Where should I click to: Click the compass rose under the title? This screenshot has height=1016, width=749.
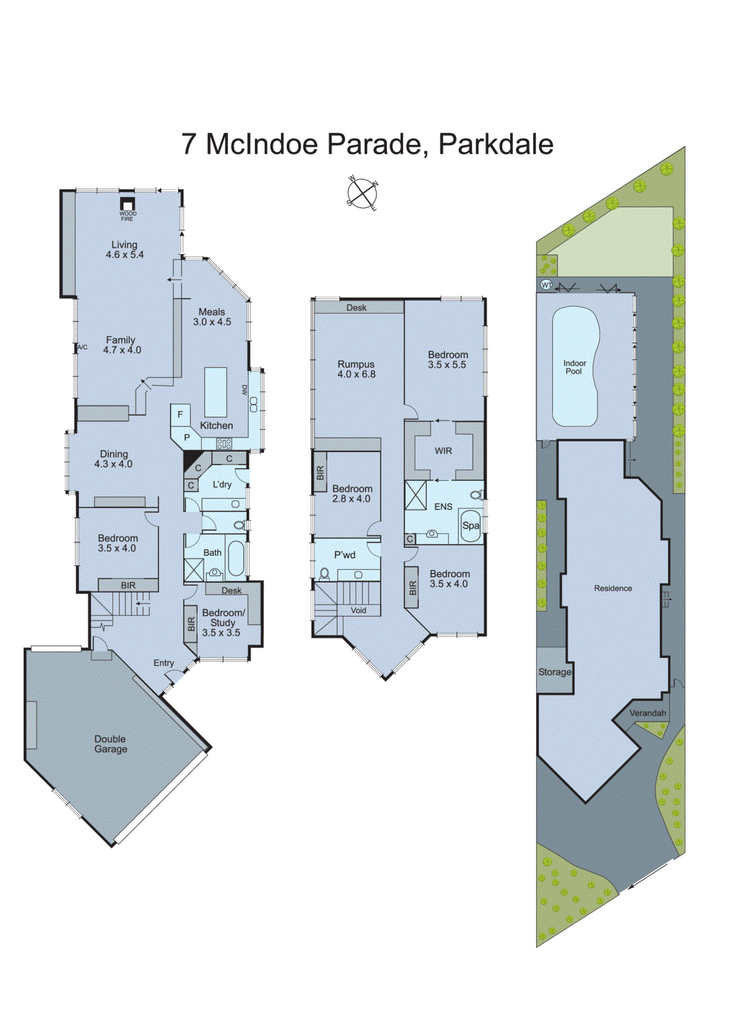pyautogui.click(x=362, y=192)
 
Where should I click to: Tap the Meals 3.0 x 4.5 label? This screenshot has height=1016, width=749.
pyautogui.click(x=212, y=317)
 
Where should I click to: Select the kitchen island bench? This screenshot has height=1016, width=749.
pyautogui.click(x=215, y=392)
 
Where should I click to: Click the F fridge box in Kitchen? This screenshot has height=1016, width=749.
pyautogui.click(x=180, y=415)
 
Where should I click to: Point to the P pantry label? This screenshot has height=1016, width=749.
pyautogui.click(x=187, y=438)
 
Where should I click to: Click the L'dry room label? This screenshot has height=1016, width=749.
pyautogui.click(x=222, y=485)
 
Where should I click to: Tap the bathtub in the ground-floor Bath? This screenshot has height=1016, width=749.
pyautogui.click(x=236, y=558)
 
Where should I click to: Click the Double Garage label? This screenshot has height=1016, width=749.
pyautogui.click(x=111, y=744)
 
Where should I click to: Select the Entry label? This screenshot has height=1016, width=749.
pyautogui.click(x=163, y=663)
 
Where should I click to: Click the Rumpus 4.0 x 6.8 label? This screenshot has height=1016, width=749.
pyautogui.click(x=356, y=370)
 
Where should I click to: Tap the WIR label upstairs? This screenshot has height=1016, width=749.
pyautogui.click(x=443, y=451)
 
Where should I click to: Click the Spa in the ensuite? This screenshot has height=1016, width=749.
pyautogui.click(x=470, y=525)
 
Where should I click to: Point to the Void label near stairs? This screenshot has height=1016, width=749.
pyautogui.click(x=358, y=610)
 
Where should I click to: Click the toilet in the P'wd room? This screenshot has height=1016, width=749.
pyautogui.click(x=325, y=573)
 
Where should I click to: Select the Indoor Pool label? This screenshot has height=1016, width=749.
pyautogui.click(x=574, y=367)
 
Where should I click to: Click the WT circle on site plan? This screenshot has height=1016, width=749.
pyautogui.click(x=546, y=285)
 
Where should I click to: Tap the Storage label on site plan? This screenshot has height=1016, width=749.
pyautogui.click(x=555, y=672)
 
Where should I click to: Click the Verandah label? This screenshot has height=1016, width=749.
pyautogui.click(x=647, y=713)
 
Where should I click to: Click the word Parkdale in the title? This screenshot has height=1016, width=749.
pyautogui.click(x=496, y=144)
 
